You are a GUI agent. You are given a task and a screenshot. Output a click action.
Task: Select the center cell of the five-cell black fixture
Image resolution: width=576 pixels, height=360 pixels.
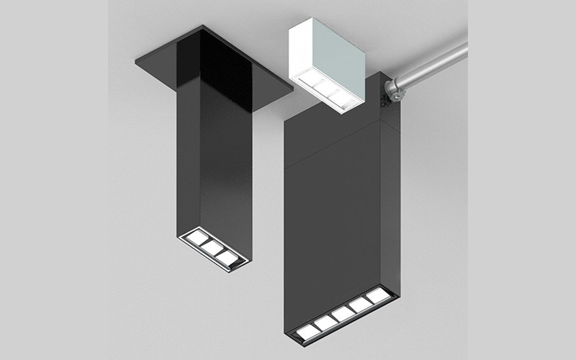pyautogui.click(x=343, y=312)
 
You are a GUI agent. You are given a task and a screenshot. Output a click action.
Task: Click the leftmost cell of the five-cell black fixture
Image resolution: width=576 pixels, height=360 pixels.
pyautogui.click(x=309, y=330)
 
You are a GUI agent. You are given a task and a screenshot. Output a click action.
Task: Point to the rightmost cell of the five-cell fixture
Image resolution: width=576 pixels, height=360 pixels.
pyautogui.click(x=377, y=295)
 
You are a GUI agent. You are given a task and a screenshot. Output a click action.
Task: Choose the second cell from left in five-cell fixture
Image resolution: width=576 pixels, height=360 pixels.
pyautogui.click(x=325, y=322)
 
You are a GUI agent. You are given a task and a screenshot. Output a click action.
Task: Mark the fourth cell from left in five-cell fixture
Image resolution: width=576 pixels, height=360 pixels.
pyautogui.click(x=360, y=304)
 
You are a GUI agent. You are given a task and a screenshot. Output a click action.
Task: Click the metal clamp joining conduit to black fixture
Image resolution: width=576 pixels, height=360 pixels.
pyautogui.click(x=393, y=89)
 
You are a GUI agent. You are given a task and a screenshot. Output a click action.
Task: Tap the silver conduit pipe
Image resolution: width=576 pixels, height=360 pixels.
pyautogui.click(x=432, y=68)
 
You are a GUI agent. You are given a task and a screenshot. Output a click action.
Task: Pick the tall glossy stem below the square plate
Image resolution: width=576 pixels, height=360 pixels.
pyautogui.click(x=216, y=166)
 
